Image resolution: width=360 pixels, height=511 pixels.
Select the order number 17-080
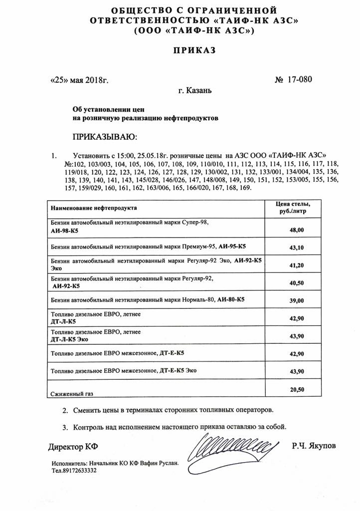[299, 79]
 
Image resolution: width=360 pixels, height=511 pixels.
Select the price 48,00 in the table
[296, 230]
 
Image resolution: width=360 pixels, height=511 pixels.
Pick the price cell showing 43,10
[296, 248]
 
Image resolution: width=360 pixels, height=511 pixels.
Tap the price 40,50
[296, 283]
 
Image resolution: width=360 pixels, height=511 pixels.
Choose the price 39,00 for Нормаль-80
[296, 300]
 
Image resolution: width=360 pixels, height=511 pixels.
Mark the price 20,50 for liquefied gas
[296, 389]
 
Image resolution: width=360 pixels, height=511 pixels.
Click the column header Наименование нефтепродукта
[94, 207]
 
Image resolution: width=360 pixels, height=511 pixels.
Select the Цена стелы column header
[293, 207]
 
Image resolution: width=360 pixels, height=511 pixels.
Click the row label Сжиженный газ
[72, 394]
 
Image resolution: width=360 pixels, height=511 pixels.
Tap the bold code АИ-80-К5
[231, 299]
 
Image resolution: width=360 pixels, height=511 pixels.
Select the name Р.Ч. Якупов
[314, 445]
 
